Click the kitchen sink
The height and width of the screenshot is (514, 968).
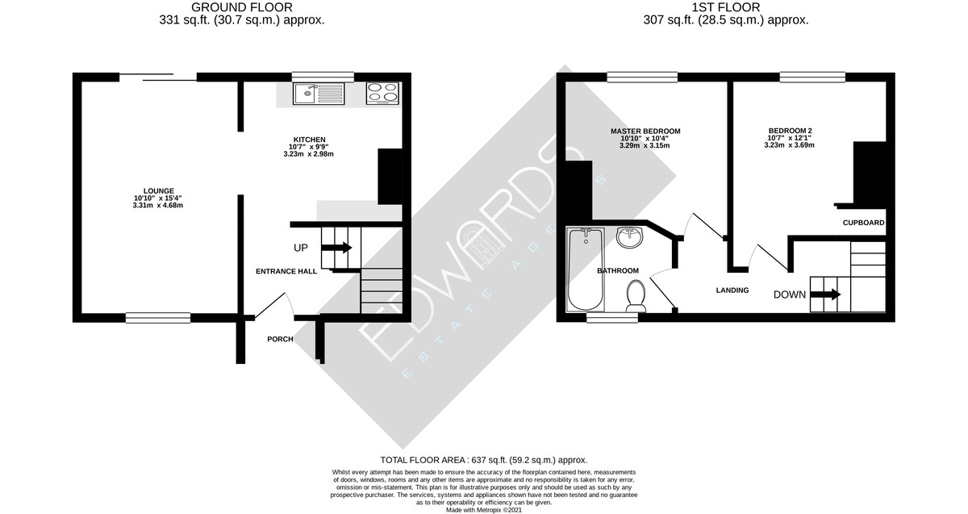pyautogui.click(x=319, y=94)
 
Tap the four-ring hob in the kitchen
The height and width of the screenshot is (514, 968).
pyautogui.click(x=382, y=94)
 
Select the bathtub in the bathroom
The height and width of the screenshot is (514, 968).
pyautogui.click(x=586, y=270)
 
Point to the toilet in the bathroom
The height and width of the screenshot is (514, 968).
pyautogui.click(x=636, y=295)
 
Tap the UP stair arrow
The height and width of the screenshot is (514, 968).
pyautogui.click(x=336, y=248)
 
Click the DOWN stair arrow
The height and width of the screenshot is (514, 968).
pyautogui.click(x=825, y=295)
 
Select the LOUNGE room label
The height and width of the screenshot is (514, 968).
pyautogui.click(x=159, y=191)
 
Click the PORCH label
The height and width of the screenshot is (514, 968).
pyautogui.click(x=280, y=339)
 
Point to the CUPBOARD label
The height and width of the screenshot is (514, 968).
pyautogui.click(x=863, y=223)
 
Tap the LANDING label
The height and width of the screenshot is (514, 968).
pyautogui.click(x=732, y=290)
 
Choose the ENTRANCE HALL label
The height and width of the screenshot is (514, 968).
pyautogui.click(x=286, y=271)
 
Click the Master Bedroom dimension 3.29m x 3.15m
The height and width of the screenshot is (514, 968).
pyautogui.click(x=645, y=146)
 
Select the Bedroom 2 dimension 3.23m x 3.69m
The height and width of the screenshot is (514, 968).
pyautogui.click(x=789, y=145)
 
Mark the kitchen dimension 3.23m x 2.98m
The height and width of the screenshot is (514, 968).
pyautogui.click(x=308, y=154)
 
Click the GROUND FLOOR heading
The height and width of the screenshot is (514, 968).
pyautogui.click(x=241, y=7)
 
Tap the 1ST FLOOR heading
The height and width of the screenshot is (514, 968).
pyautogui.click(x=725, y=7)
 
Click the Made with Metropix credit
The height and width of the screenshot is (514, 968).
pyautogui.click(x=483, y=510)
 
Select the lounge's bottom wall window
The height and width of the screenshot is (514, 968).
pyautogui.click(x=158, y=318)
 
